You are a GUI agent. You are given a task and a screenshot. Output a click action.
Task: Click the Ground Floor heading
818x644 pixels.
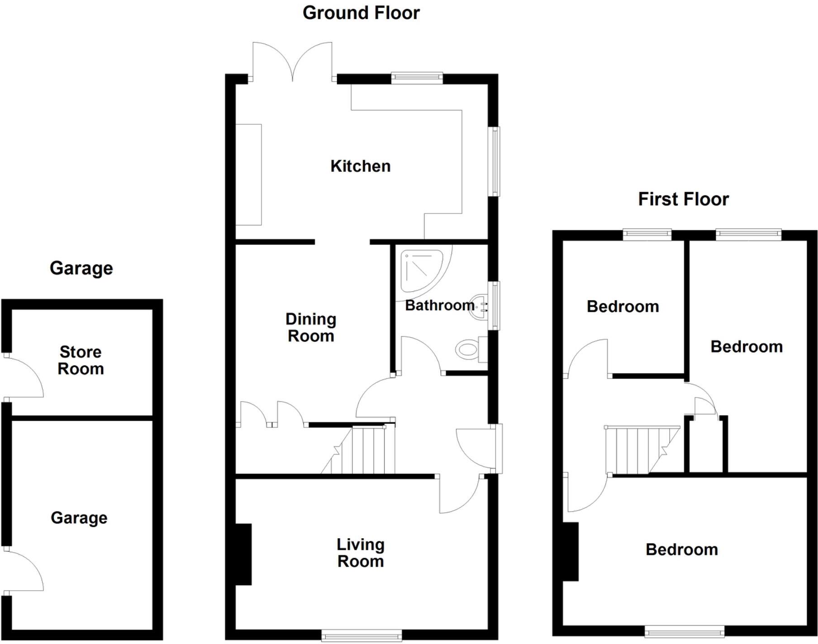(361, 13)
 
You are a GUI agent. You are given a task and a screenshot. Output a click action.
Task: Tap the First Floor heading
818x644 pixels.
(683, 199)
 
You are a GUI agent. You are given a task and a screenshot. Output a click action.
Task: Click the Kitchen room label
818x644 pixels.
(360, 166)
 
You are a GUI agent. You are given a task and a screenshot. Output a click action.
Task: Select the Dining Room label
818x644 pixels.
(311, 328)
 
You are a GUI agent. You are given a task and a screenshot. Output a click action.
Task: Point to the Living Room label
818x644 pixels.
(361, 553)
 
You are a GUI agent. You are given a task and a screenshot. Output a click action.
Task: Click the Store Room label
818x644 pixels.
(81, 360)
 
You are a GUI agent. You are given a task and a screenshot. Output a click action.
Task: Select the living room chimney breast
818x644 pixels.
(243, 554)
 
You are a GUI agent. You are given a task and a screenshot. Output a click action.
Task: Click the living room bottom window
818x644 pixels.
(361, 635)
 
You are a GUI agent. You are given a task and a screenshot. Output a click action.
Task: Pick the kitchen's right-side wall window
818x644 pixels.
(496, 161)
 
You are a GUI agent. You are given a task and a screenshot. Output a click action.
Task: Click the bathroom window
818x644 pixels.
(496, 305)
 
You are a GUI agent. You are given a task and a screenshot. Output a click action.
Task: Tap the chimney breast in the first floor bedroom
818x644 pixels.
(571, 551)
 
